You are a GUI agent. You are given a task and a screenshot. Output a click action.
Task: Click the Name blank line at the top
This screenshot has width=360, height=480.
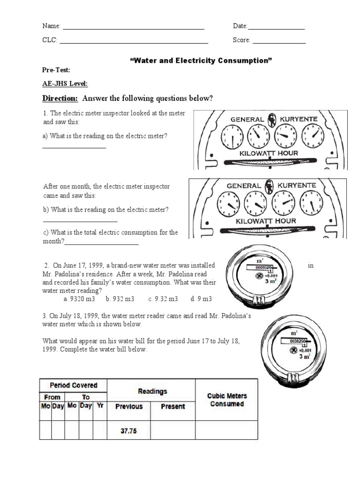click(134, 29)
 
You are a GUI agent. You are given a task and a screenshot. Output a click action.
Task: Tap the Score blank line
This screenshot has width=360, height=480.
click(279, 43)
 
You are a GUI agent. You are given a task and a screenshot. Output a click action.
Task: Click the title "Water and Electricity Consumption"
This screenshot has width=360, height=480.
click(201, 61)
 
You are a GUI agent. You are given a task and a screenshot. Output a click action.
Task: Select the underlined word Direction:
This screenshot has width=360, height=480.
click(60, 98)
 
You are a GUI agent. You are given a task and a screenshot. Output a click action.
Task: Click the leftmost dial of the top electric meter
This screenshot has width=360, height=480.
click(232, 137)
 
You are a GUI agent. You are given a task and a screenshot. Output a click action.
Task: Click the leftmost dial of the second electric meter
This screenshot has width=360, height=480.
click(229, 204)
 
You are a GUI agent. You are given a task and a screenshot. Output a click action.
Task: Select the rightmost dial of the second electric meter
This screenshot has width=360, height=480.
click(311, 204)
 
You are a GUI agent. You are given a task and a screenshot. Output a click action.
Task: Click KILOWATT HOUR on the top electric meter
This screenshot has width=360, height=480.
click(269, 153)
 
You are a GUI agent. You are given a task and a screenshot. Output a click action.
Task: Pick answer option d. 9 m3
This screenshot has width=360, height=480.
click(201, 299)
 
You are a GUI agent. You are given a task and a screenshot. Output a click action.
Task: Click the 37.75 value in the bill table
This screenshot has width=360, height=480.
click(129, 431)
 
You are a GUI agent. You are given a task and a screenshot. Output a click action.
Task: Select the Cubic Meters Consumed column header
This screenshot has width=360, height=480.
click(226, 399)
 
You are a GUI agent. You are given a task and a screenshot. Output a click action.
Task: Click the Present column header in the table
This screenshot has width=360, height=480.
click(172, 406)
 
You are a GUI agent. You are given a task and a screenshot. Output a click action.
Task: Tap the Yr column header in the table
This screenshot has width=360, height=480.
click(100, 406)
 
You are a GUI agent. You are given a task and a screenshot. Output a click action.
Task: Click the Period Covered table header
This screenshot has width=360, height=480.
click(74, 385)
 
